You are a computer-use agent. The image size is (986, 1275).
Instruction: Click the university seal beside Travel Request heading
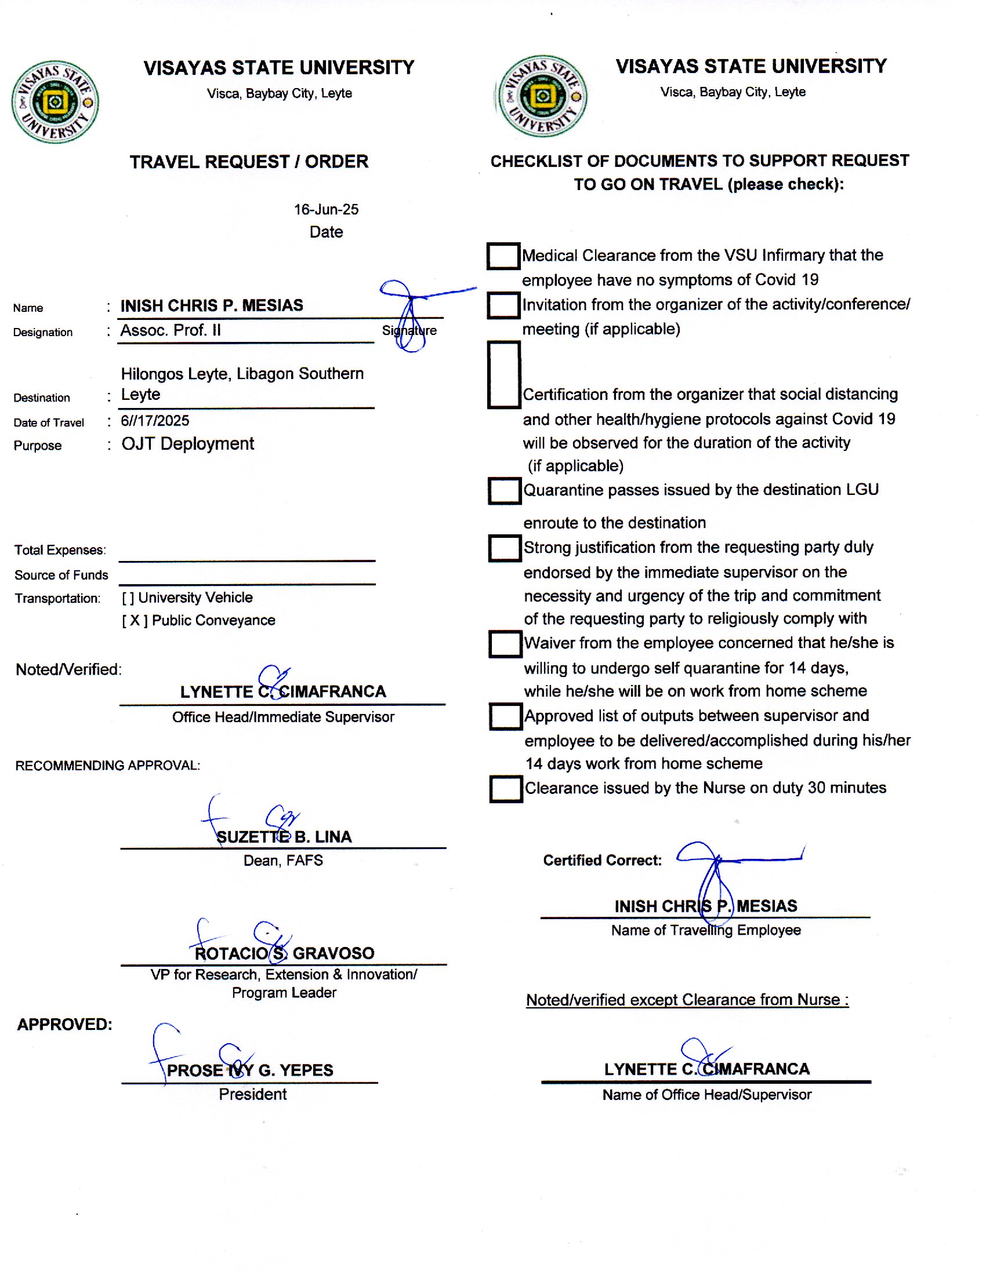click(55, 102)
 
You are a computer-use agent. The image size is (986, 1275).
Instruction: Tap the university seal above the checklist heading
click(542, 96)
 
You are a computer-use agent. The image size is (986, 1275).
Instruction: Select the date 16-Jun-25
click(326, 210)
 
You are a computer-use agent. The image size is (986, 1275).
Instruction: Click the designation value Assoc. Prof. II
click(171, 330)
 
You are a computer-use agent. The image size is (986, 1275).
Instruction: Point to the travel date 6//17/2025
click(155, 420)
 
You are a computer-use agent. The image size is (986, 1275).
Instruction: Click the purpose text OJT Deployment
click(187, 444)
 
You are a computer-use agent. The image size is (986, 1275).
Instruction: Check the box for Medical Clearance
click(503, 256)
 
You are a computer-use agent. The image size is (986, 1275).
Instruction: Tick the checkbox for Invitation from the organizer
click(503, 305)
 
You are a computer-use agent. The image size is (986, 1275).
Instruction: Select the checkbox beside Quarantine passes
click(504, 490)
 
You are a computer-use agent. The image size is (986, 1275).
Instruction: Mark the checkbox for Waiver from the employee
click(505, 643)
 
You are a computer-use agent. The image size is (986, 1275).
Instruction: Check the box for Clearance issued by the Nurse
click(505, 789)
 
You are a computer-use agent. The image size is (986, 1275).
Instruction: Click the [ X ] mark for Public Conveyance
click(135, 620)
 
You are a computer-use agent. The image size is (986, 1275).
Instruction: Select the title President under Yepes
click(252, 1094)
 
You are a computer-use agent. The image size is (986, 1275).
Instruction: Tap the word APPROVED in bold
click(64, 1024)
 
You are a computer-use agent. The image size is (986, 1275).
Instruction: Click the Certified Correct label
click(601, 860)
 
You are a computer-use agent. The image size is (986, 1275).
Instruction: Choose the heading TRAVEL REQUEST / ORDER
click(249, 162)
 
